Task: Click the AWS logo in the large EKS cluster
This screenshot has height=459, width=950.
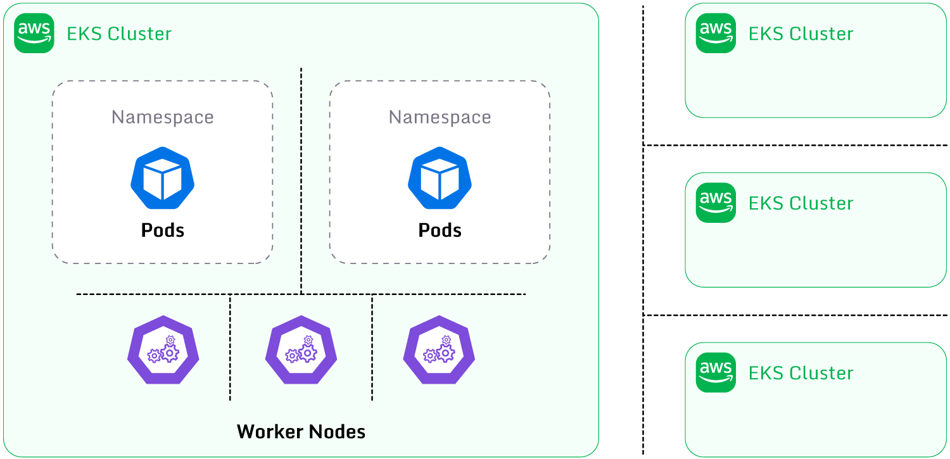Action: pos(34,33)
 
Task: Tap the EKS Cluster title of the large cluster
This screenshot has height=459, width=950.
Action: pos(119,34)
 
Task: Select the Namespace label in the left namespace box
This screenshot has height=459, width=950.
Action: pos(162,117)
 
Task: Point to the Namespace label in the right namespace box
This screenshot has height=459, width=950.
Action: pos(440,117)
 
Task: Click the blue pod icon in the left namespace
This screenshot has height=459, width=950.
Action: pos(162,178)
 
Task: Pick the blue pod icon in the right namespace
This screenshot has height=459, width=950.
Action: pos(440,178)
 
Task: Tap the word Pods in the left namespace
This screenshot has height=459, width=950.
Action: pos(162,230)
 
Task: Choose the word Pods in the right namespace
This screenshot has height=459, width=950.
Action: pos(440,230)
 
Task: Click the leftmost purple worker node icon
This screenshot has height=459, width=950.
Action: pos(163,349)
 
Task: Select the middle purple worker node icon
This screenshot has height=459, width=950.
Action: pos(301,349)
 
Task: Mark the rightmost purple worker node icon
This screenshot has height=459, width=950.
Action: pos(439,349)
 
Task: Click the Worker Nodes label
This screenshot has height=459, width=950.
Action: pos(301,432)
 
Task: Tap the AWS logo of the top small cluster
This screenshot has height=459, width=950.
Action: pos(716,33)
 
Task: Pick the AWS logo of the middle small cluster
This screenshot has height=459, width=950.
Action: pos(716,203)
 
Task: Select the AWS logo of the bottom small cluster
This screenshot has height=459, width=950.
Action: pos(716,372)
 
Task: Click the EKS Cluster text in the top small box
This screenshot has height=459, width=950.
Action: pos(801,34)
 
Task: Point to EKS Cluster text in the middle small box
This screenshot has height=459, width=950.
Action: pos(801,203)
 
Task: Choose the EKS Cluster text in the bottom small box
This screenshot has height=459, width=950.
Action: pos(801,373)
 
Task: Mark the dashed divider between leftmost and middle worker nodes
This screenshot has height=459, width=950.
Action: pos(230,348)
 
